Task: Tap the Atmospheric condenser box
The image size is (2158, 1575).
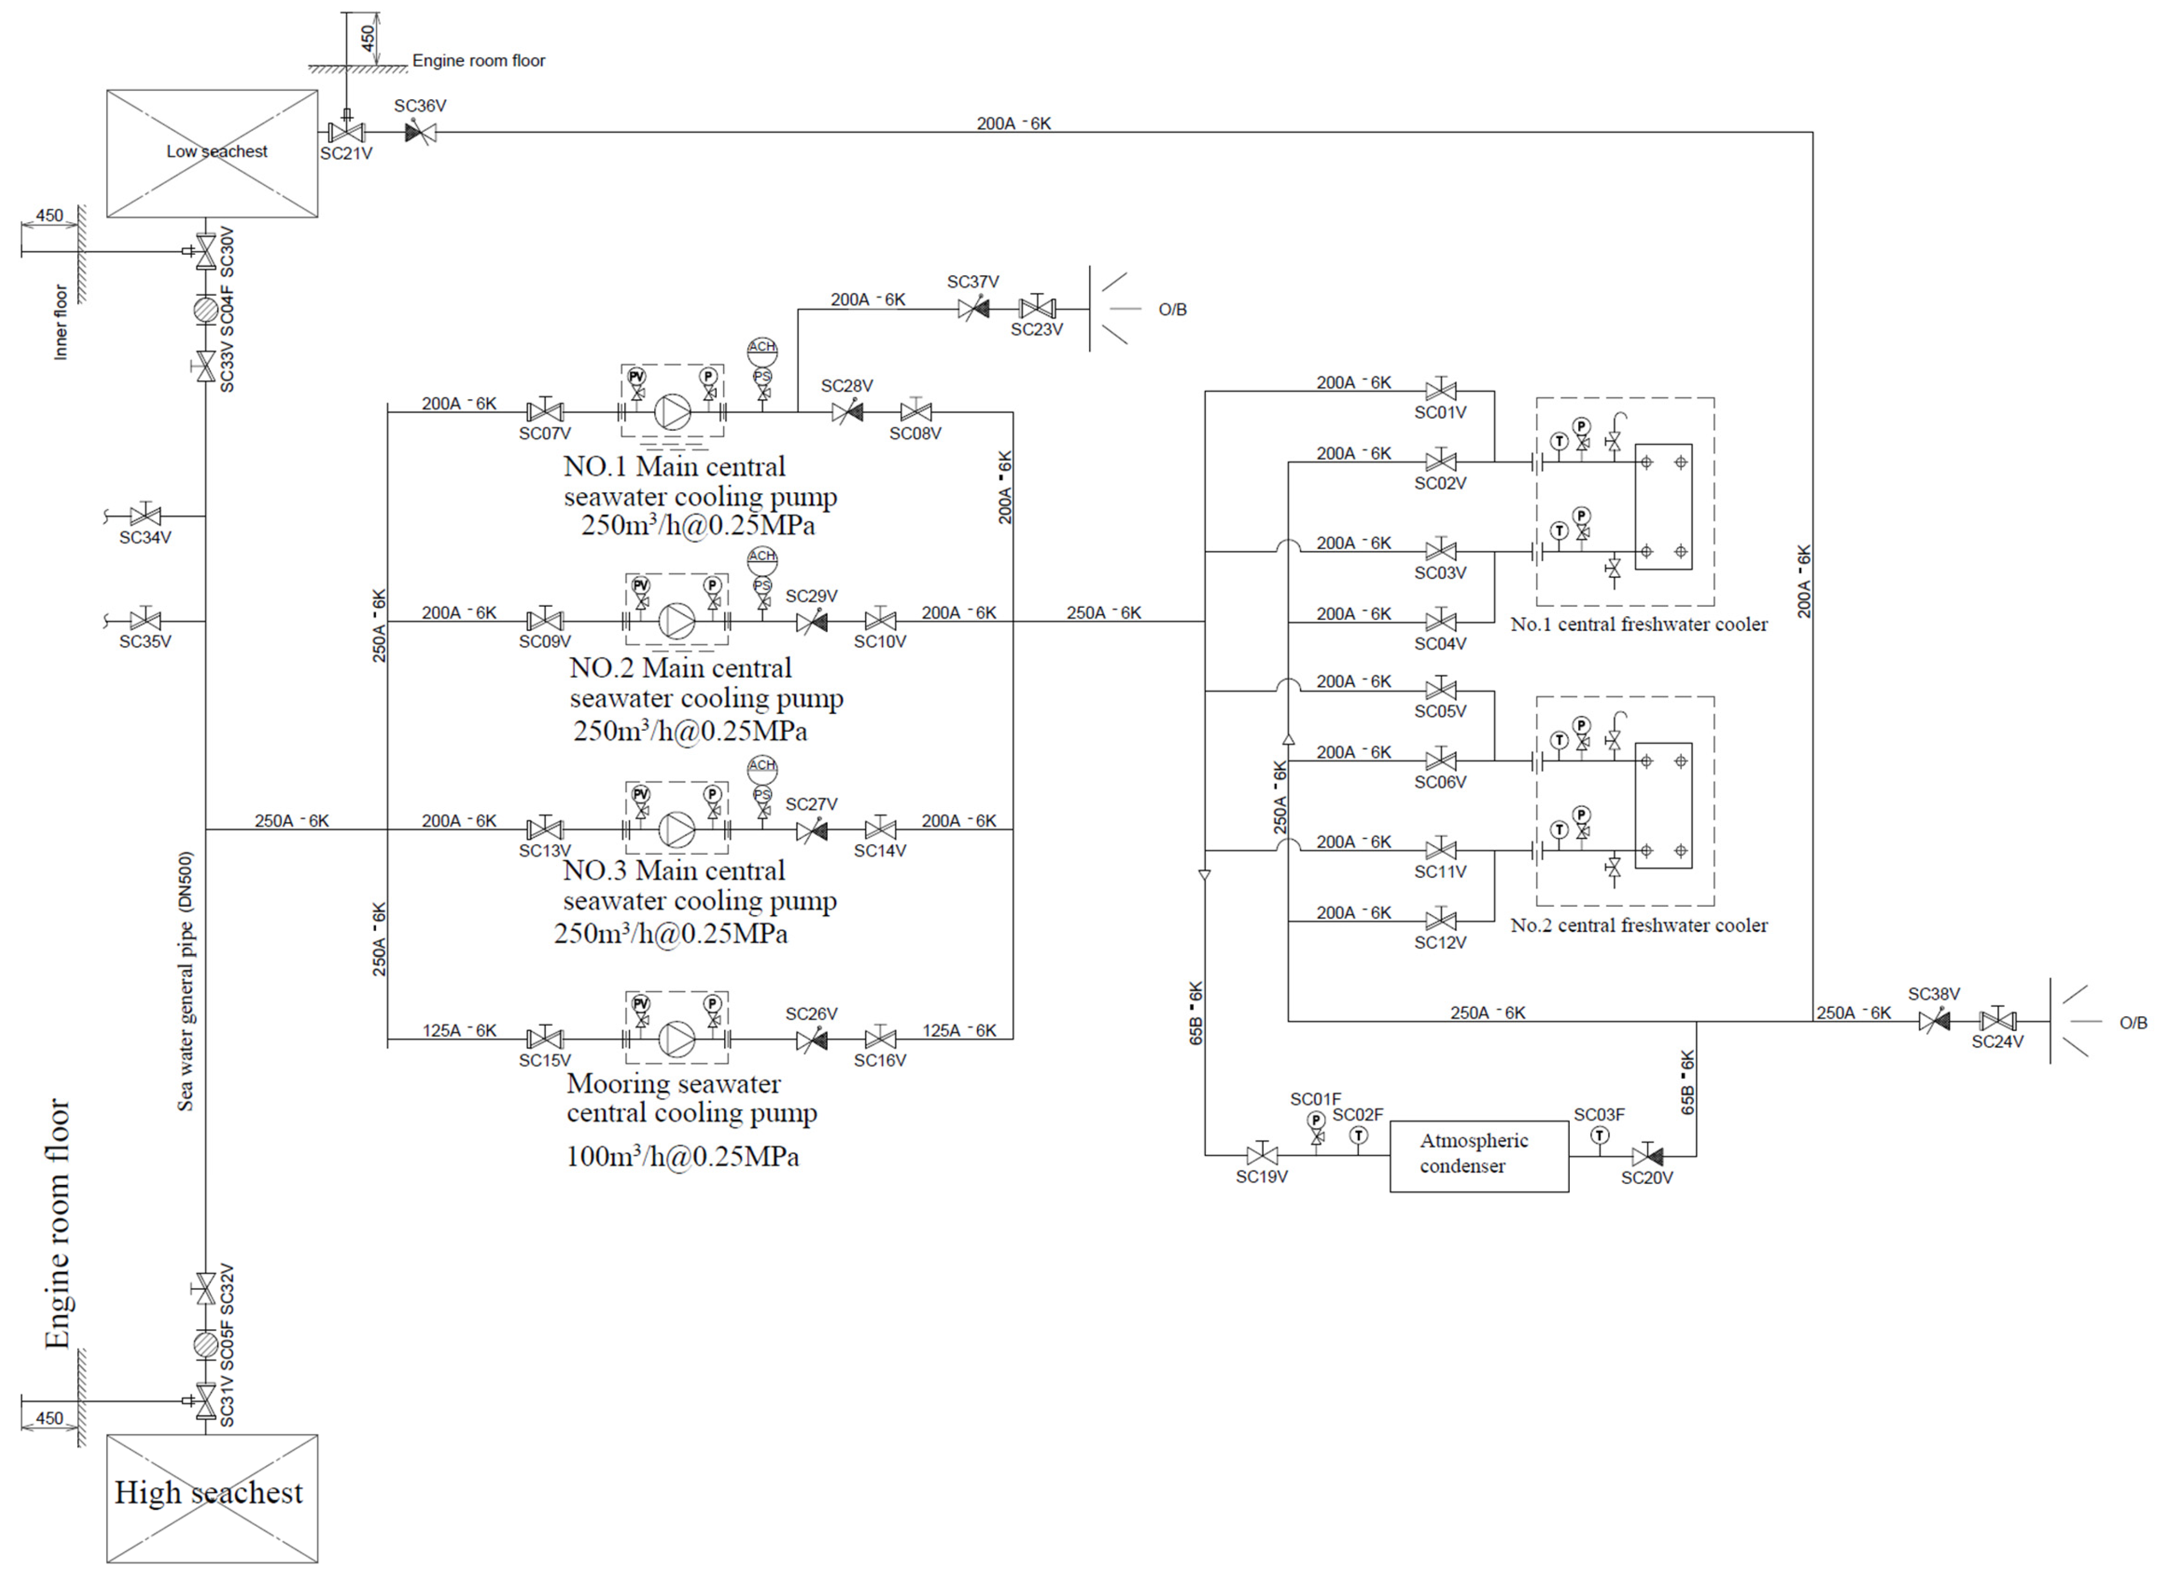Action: coord(1478,1156)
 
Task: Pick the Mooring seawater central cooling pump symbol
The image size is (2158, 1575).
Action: coord(677,1039)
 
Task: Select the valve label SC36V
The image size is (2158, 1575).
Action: coord(420,106)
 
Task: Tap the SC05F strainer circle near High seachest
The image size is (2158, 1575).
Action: coord(205,1344)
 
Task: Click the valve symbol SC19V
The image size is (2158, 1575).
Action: coord(1262,1156)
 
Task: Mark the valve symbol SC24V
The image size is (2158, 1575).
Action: coord(1997,1021)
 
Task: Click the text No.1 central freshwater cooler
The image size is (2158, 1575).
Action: coord(1638,625)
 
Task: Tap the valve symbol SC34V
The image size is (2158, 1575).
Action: coord(145,516)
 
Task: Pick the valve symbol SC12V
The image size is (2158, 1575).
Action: coord(1440,921)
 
